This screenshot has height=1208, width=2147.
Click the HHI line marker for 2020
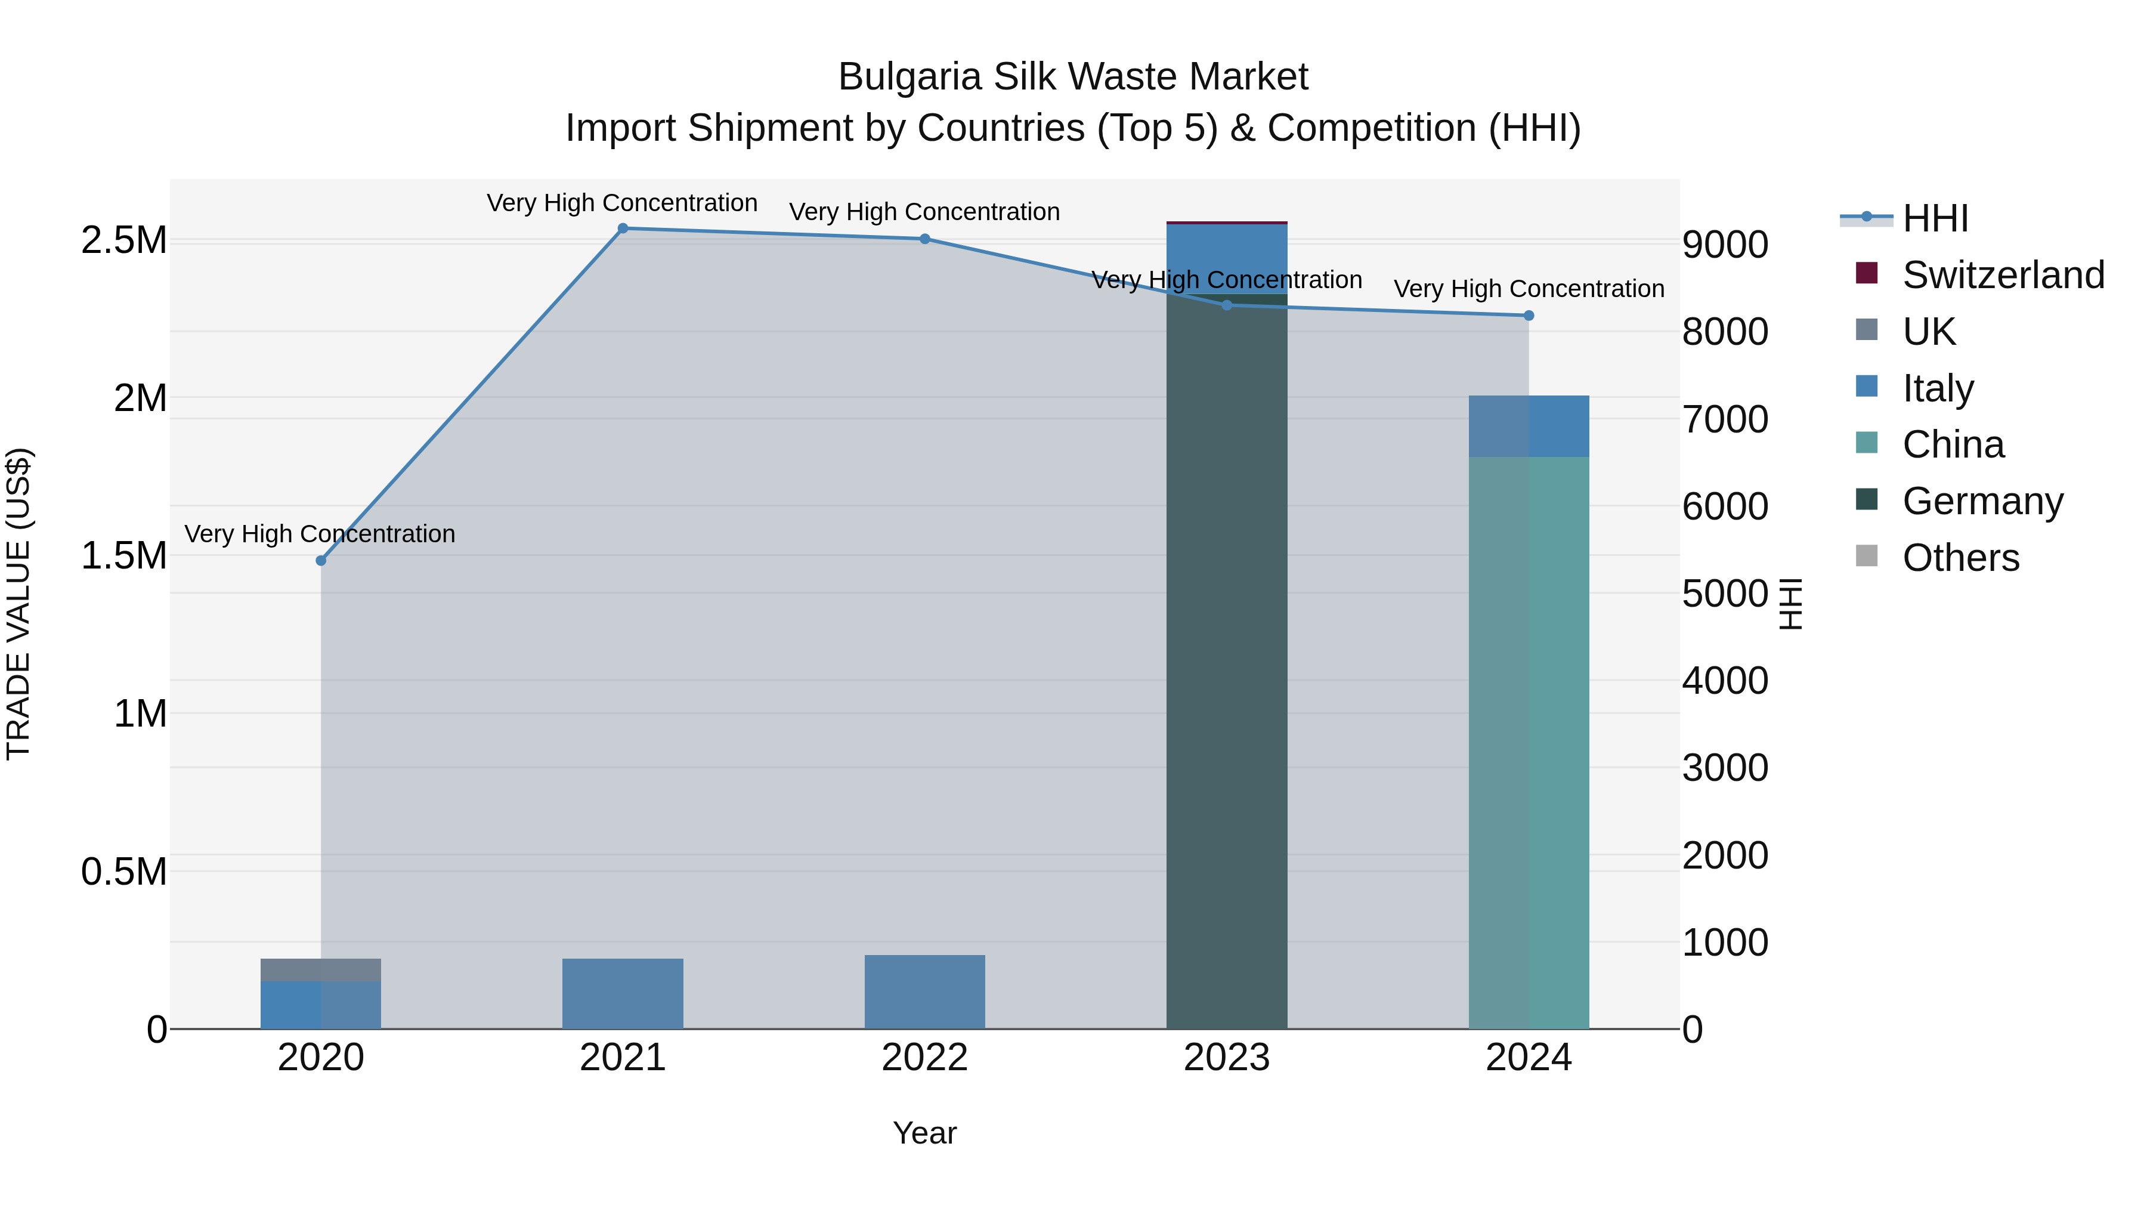pyautogui.click(x=321, y=560)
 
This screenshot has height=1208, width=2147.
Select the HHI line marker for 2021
pyautogui.click(x=623, y=228)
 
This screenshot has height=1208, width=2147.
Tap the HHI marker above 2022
pyautogui.click(x=924, y=239)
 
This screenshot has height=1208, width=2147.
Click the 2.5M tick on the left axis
pyautogui.click(x=123, y=241)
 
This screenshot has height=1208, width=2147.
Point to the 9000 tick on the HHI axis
pyautogui.click(x=1724, y=245)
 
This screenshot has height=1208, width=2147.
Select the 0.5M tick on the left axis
pyautogui.click(x=123, y=872)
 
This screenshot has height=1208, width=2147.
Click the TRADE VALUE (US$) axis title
pyautogui.click(x=18, y=604)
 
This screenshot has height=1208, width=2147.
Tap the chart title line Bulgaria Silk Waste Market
pyautogui.click(x=1073, y=77)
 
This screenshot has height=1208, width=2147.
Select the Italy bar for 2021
pyautogui.click(x=623, y=994)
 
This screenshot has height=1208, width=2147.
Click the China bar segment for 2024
pyautogui.click(x=1529, y=742)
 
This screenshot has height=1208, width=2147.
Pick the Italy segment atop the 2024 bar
pyautogui.click(x=1529, y=426)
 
